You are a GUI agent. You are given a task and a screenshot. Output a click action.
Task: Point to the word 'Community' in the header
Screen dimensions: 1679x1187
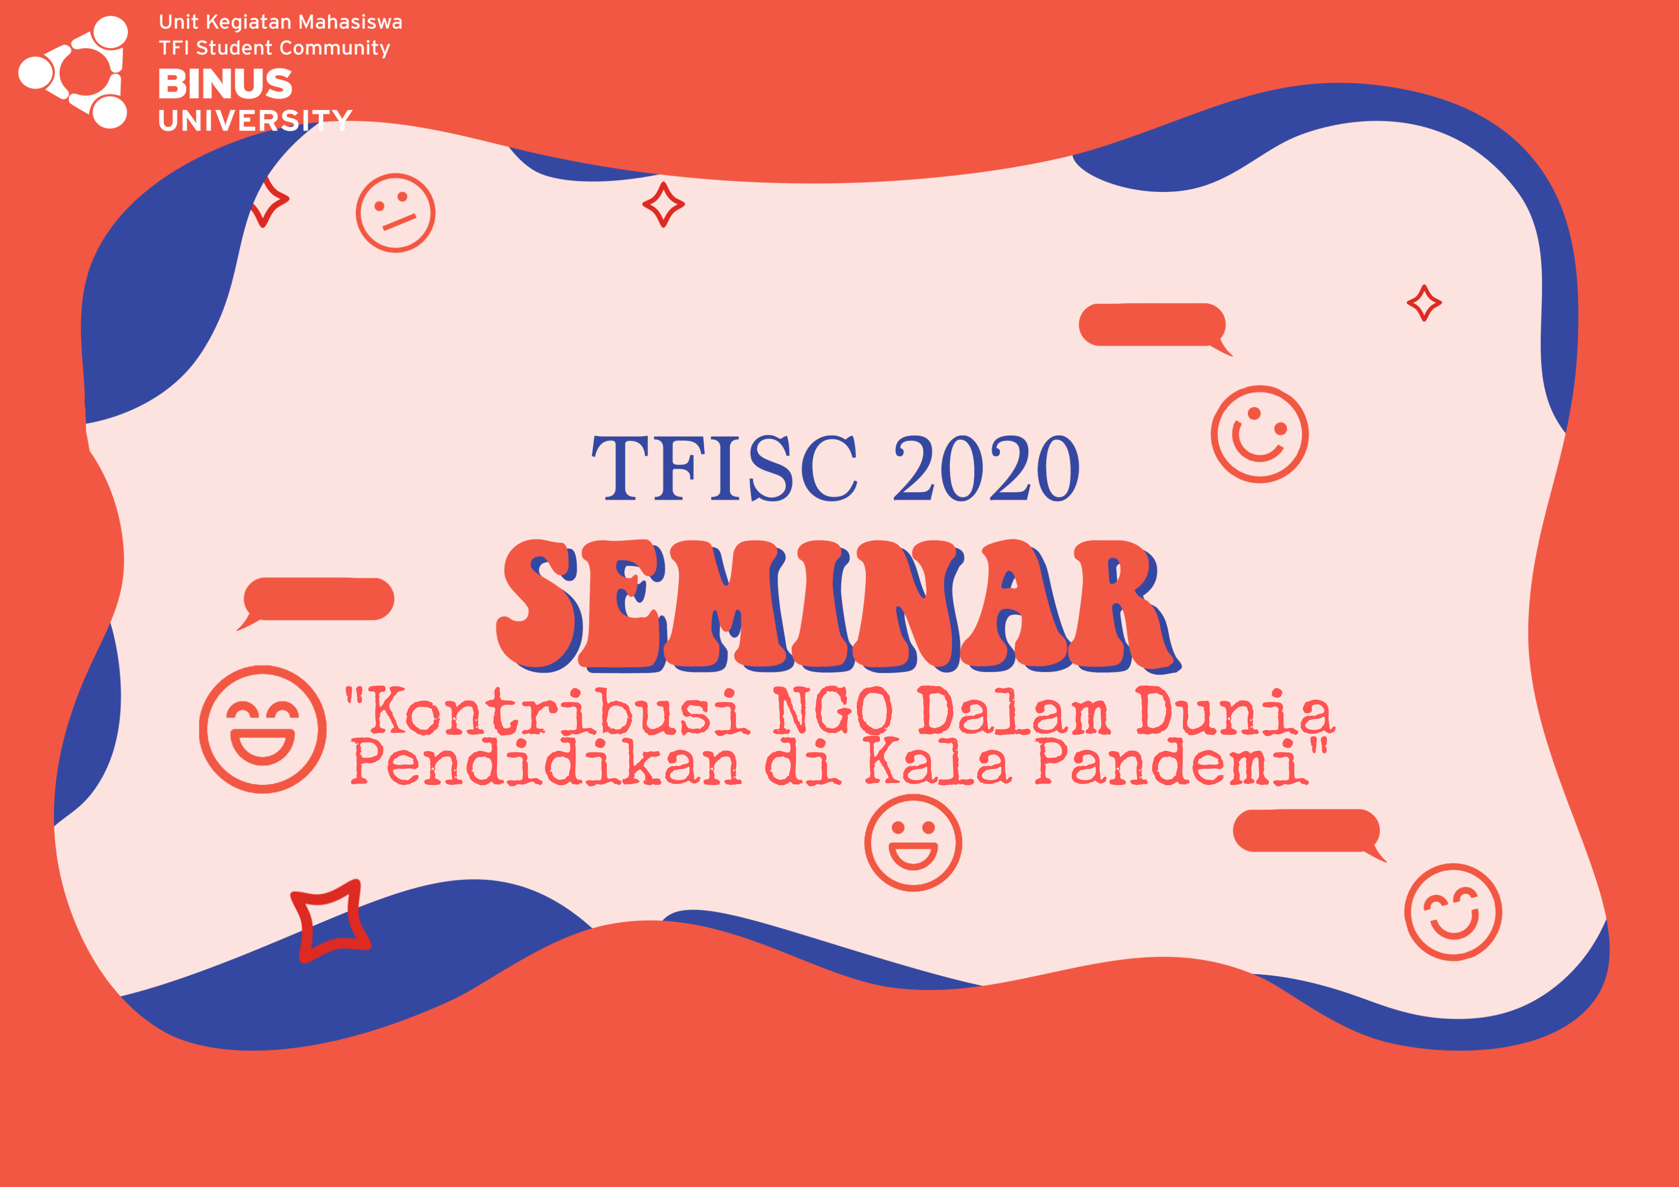coord(335,48)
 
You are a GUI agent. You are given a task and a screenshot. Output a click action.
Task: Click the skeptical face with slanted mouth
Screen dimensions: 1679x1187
coord(396,213)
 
